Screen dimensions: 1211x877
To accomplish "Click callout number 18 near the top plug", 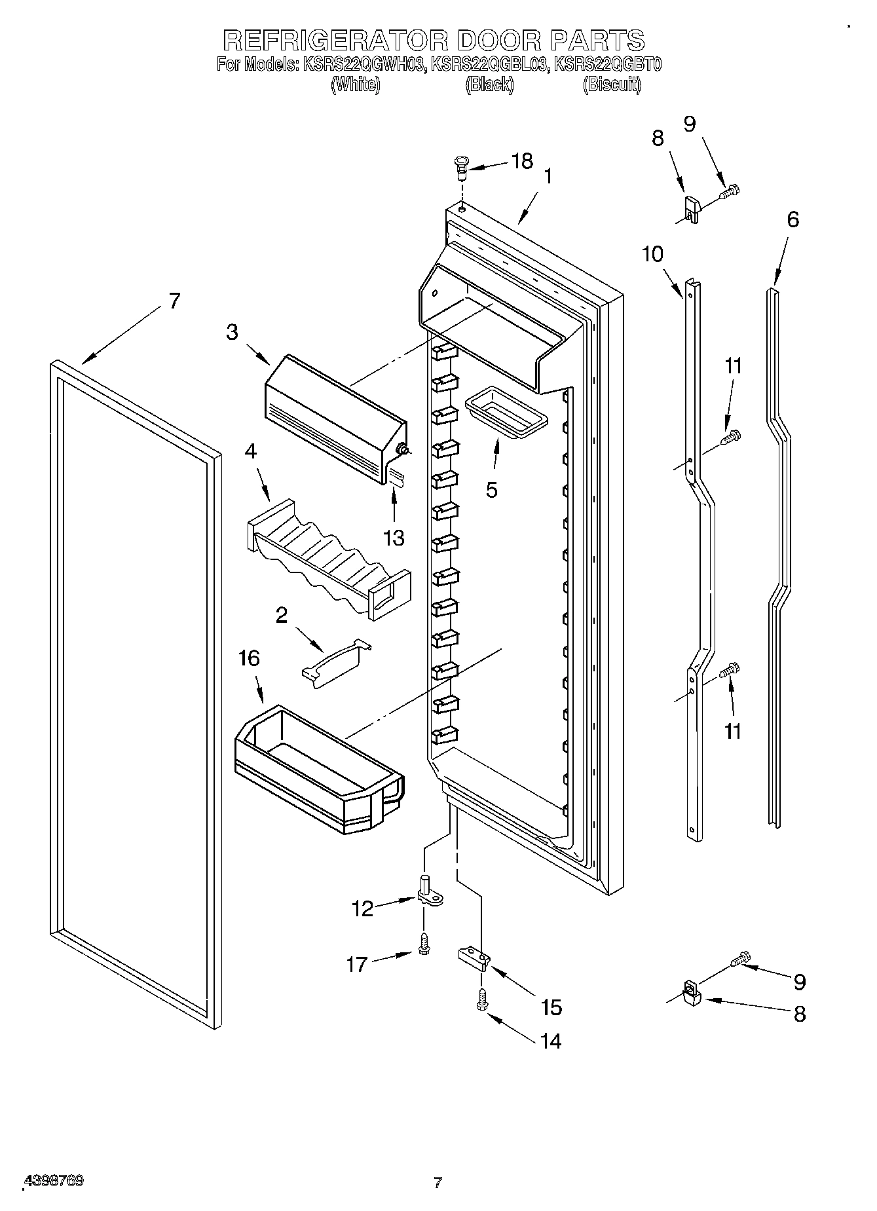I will coord(522,161).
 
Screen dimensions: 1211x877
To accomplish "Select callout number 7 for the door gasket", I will coord(174,301).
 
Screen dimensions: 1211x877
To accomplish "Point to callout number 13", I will coord(394,538).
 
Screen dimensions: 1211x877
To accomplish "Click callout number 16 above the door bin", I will coord(250,658).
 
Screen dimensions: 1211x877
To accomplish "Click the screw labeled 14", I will coord(482,1000).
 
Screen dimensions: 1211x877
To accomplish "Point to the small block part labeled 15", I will coord(474,957).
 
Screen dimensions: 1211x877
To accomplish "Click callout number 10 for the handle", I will coord(652,253).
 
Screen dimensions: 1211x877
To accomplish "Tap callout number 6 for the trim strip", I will coord(793,219).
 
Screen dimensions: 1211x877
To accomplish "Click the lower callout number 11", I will coord(733,731).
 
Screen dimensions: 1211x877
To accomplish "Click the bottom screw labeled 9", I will coord(739,959).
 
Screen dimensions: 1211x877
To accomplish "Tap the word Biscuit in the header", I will coord(612,84).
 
